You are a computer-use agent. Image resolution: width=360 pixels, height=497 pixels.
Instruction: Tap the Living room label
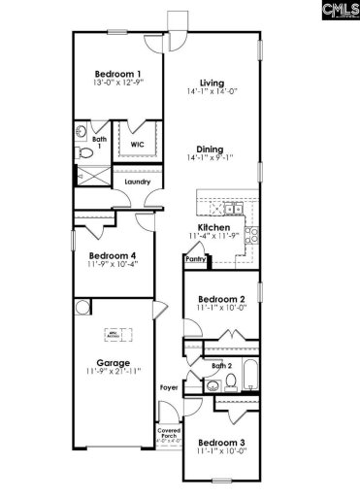click(x=212, y=83)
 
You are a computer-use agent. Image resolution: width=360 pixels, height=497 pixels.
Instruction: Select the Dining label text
click(x=212, y=138)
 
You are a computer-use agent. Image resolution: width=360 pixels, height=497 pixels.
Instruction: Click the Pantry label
click(x=195, y=259)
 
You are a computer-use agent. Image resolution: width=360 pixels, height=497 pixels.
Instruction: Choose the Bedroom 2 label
click(x=221, y=299)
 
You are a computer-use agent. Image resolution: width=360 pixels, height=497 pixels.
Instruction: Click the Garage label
click(x=113, y=362)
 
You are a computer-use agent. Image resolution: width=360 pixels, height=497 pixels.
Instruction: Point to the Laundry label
click(x=138, y=181)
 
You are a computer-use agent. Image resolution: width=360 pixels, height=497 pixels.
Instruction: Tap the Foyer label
click(x=169, y=388)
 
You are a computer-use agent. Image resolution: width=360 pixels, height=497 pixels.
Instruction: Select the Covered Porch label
click(x=169, y=434)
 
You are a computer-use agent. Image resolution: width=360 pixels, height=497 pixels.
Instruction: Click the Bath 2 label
click(x=222, y=366)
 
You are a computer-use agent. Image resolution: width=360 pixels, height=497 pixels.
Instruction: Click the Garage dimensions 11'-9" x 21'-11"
click(x=113, y=372)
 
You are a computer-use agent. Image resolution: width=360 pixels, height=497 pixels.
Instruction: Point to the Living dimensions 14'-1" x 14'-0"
click(x=212, y=93)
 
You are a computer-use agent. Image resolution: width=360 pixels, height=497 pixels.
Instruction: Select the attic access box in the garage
click(x=113, y=333)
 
